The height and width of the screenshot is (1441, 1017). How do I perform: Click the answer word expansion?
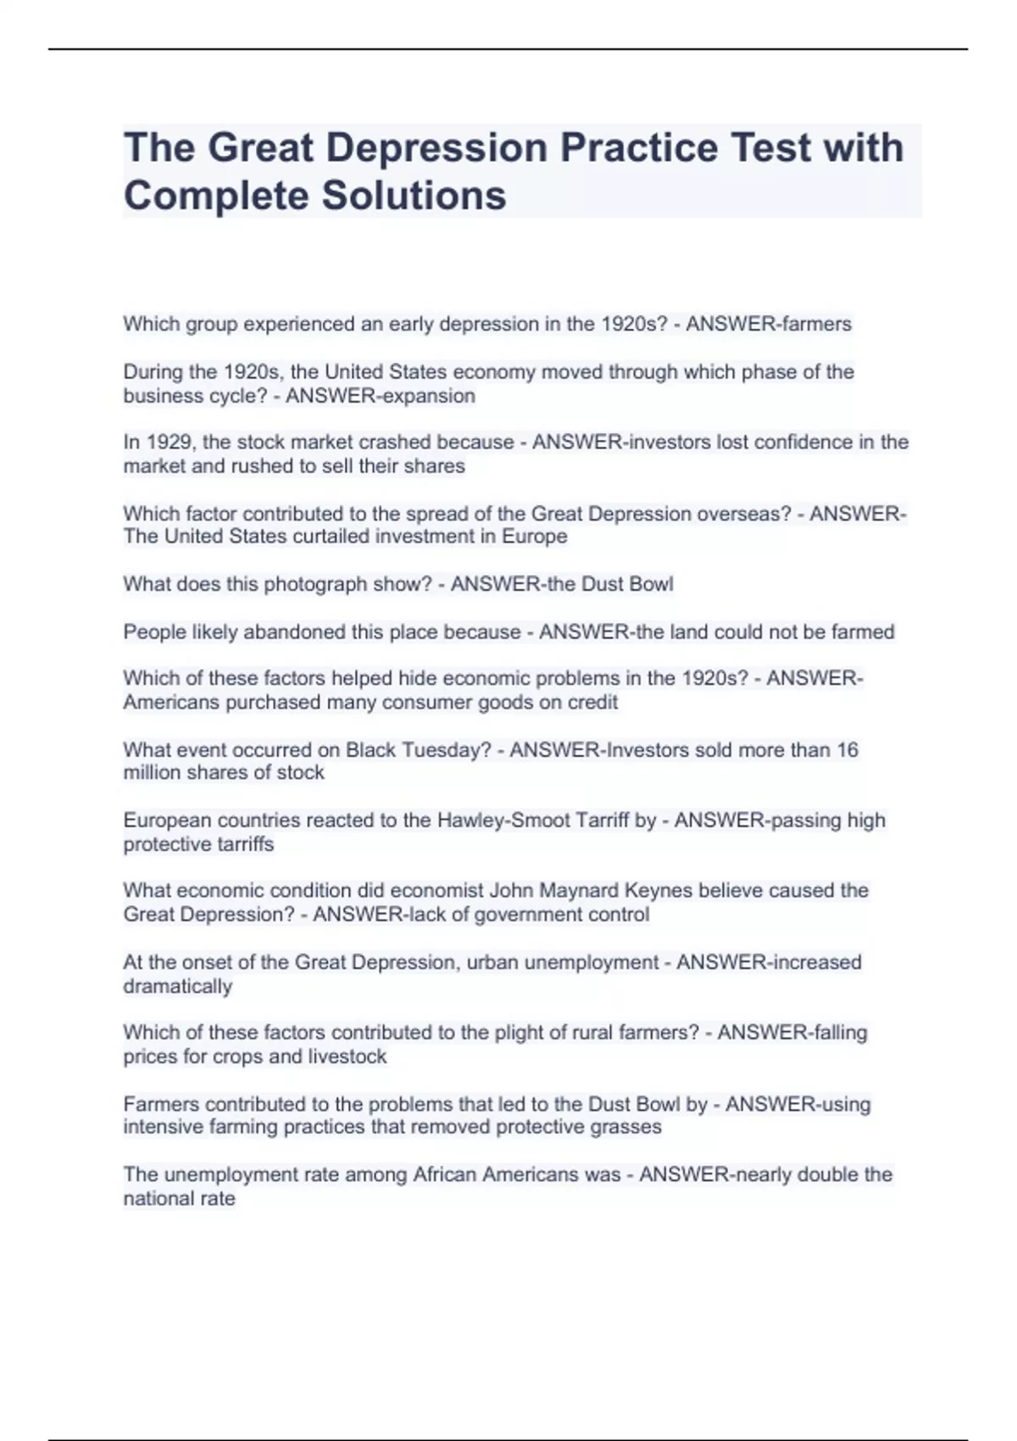click(x=428, y=396)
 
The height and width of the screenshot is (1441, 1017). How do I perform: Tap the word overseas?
click(x=749, y=514)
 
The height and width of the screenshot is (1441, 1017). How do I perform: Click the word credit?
click(x=592, y=703)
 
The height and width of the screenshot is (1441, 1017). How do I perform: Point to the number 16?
click(x=847, y=750)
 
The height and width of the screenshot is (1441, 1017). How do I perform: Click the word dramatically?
click(x=178, y=987)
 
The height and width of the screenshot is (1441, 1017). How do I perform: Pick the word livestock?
click(x=347, y=1057)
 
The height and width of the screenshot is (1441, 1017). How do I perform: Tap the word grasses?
click(x=626, y=1127)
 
